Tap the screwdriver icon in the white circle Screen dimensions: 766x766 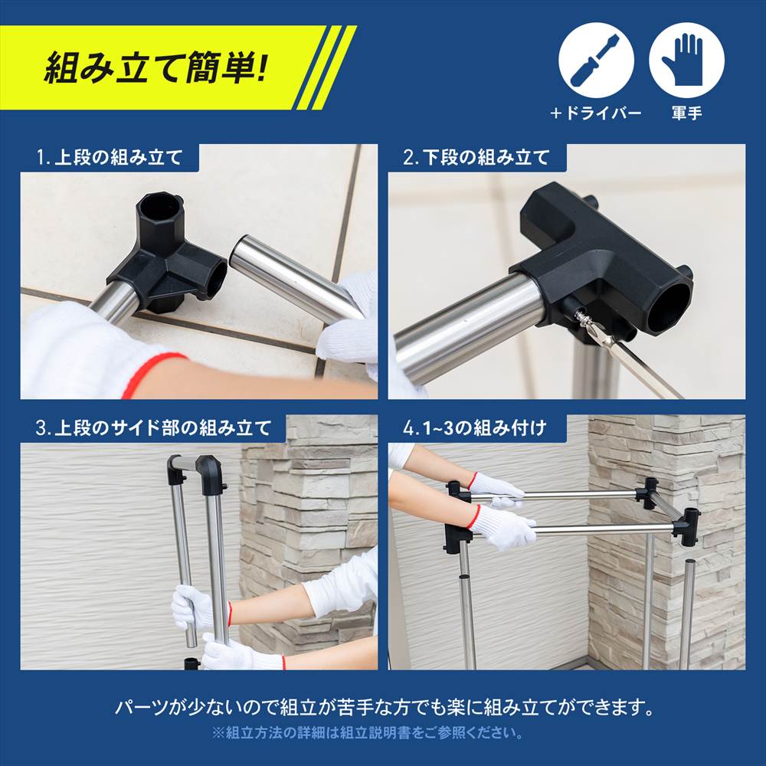596,60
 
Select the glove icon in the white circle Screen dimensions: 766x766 686,60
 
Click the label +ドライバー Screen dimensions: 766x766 596,113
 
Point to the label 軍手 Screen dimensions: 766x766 686,113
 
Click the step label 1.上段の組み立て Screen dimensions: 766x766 110,158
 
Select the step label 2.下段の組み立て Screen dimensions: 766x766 476,158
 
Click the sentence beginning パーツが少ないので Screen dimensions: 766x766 382,706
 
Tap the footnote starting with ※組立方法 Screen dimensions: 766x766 368,733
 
